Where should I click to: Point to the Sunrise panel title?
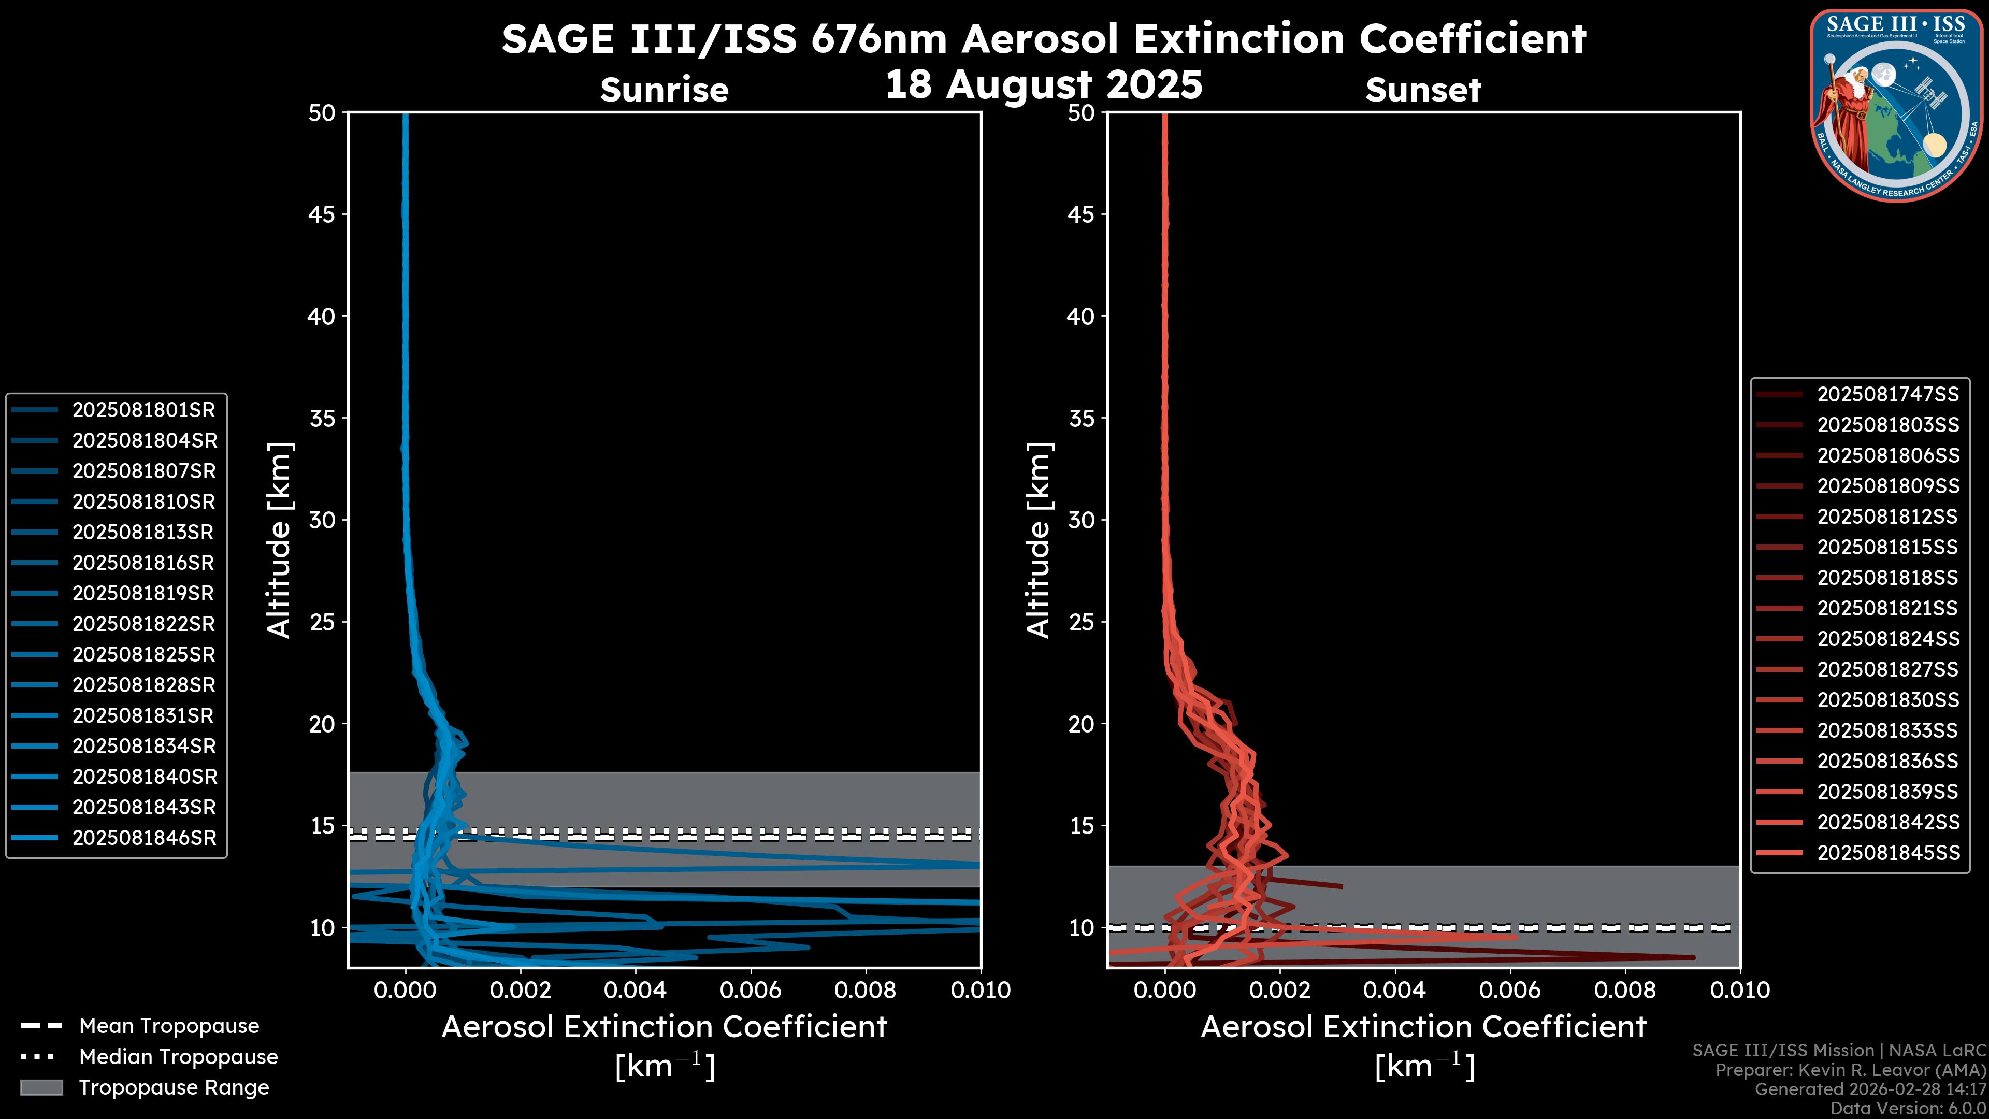click(x=664, y=90)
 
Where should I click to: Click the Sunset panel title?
click(x=1423, y=90)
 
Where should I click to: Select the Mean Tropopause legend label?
click(x=169, y=1026)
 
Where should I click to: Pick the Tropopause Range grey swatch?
click(x=41, y=1087)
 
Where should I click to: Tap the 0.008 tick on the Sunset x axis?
click(x=1625, y=990)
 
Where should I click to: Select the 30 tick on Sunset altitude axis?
click(x=1081, y=520)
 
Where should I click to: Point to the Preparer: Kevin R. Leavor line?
click(x=1850, y=1070)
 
